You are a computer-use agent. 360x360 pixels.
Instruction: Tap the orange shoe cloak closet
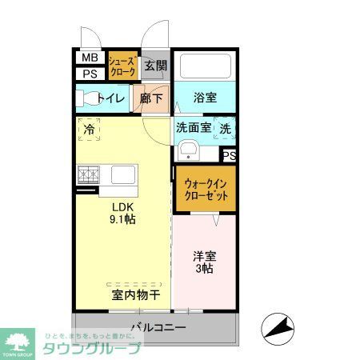(122, 66)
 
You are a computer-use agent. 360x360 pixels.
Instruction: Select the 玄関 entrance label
(157, 66)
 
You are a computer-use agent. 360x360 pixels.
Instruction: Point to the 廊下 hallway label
(152, 98)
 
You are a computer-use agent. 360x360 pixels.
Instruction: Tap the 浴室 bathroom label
(205, 98)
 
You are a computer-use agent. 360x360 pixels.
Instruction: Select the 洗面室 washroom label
(193, 127)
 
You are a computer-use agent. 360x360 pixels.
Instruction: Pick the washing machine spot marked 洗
(226, 128)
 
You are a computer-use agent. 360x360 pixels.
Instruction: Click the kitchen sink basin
(125, 174)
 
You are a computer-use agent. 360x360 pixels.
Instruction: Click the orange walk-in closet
(204, 189)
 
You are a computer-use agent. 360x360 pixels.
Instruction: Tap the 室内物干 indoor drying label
(135, 296)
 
